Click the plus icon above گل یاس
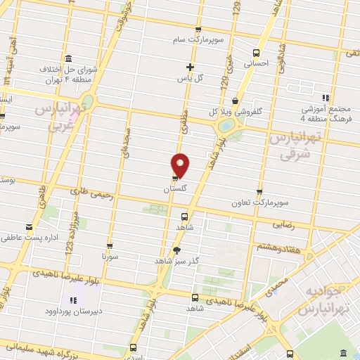190,67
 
